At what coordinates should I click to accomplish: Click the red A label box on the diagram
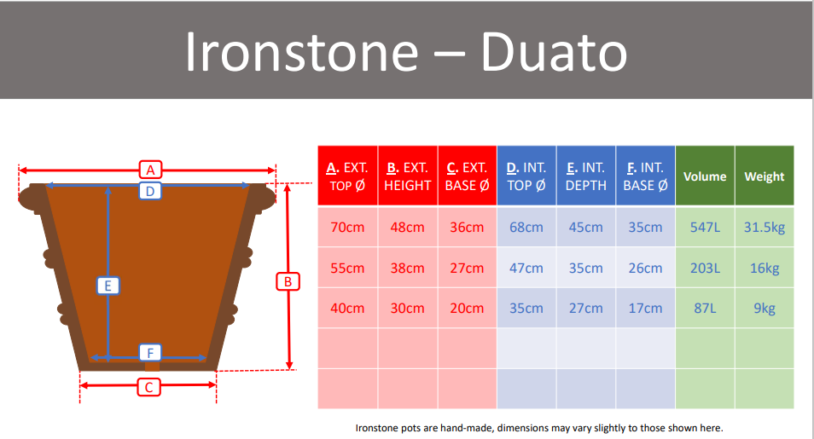[x=150, y=170]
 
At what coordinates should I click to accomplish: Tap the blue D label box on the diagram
[x=150, y=191]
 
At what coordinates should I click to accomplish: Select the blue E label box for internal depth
[x=108, y=286]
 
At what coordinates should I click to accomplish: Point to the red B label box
[x=288, y=281]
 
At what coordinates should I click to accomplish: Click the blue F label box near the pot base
[x=150, y=353]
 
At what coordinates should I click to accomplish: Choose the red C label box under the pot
[x=148, y=387]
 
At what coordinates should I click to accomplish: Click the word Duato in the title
[x=554, y=52]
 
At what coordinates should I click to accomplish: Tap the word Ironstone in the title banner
[x=301, y=52]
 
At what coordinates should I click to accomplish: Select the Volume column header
[x=705, y=176]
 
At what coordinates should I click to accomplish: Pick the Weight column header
[x=765, y=176]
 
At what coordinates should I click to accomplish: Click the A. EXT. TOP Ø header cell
[x=348, y=176]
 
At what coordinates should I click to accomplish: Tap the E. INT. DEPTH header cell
[x=586, y=176]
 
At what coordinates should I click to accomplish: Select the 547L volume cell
[x=705, y=227]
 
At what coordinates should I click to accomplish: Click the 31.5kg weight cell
[x=765, y=227]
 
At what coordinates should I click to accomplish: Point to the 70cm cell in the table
[x=348, y=227]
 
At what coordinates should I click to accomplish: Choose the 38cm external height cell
[x=408, y=268]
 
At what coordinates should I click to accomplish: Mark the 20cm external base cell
[x=468, y=308]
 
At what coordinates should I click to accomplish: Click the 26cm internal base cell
[x=645, y=268]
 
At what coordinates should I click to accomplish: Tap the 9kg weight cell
[x=765, y=308]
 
